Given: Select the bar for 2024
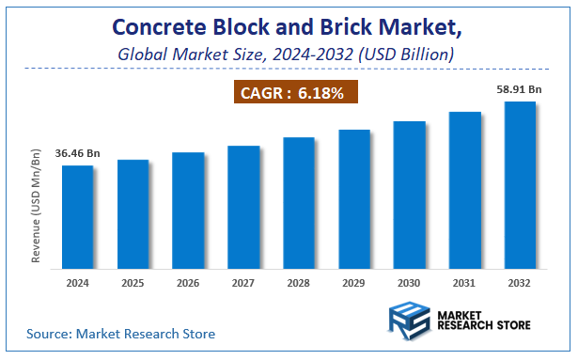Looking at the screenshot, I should tap(78, 218).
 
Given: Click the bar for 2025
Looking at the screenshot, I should tap(133, 215).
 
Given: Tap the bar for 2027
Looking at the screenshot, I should tap(243, 208).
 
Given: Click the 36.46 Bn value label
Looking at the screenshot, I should tap(78, 152).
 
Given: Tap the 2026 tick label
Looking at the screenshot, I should tap(188, 283).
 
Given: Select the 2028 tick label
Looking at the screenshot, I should tap(299, 283).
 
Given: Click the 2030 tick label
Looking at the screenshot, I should tap(410, 283).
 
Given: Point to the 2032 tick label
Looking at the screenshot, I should tap(520, 283).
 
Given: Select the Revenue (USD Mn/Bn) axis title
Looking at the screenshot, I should tap(37, 204).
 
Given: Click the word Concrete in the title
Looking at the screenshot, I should tap(164, 26).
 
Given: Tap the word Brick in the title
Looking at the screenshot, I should tap(347, 26).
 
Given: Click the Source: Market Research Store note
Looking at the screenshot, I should tap(121, 333).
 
